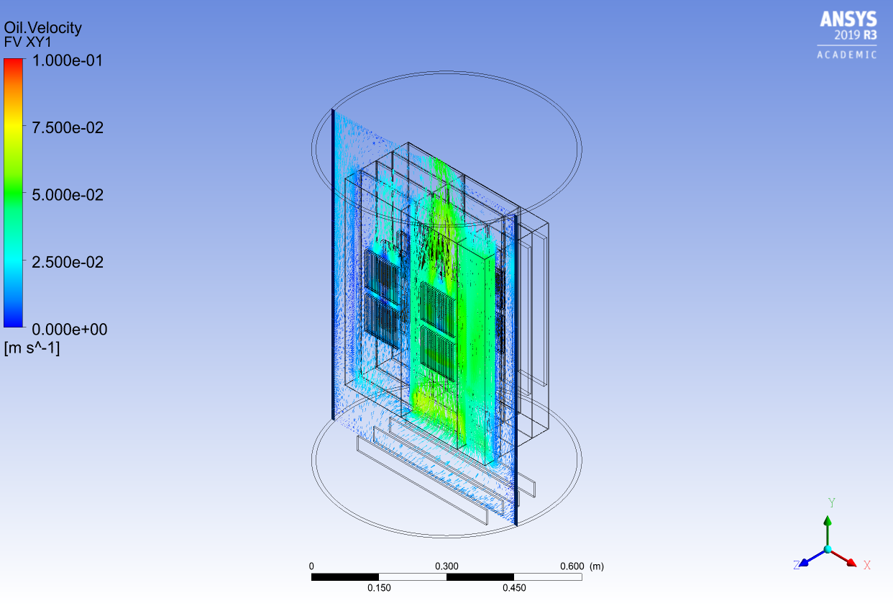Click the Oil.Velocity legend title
coord(42,28)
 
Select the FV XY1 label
coord(27,42)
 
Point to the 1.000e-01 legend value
coord(68,60)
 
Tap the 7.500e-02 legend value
coord(68,127)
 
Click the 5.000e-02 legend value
coord(68,195)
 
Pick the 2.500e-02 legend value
coord(68,262)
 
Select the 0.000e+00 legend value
coord(69,330)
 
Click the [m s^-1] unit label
coord(32,348)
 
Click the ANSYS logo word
coord(848,19)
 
